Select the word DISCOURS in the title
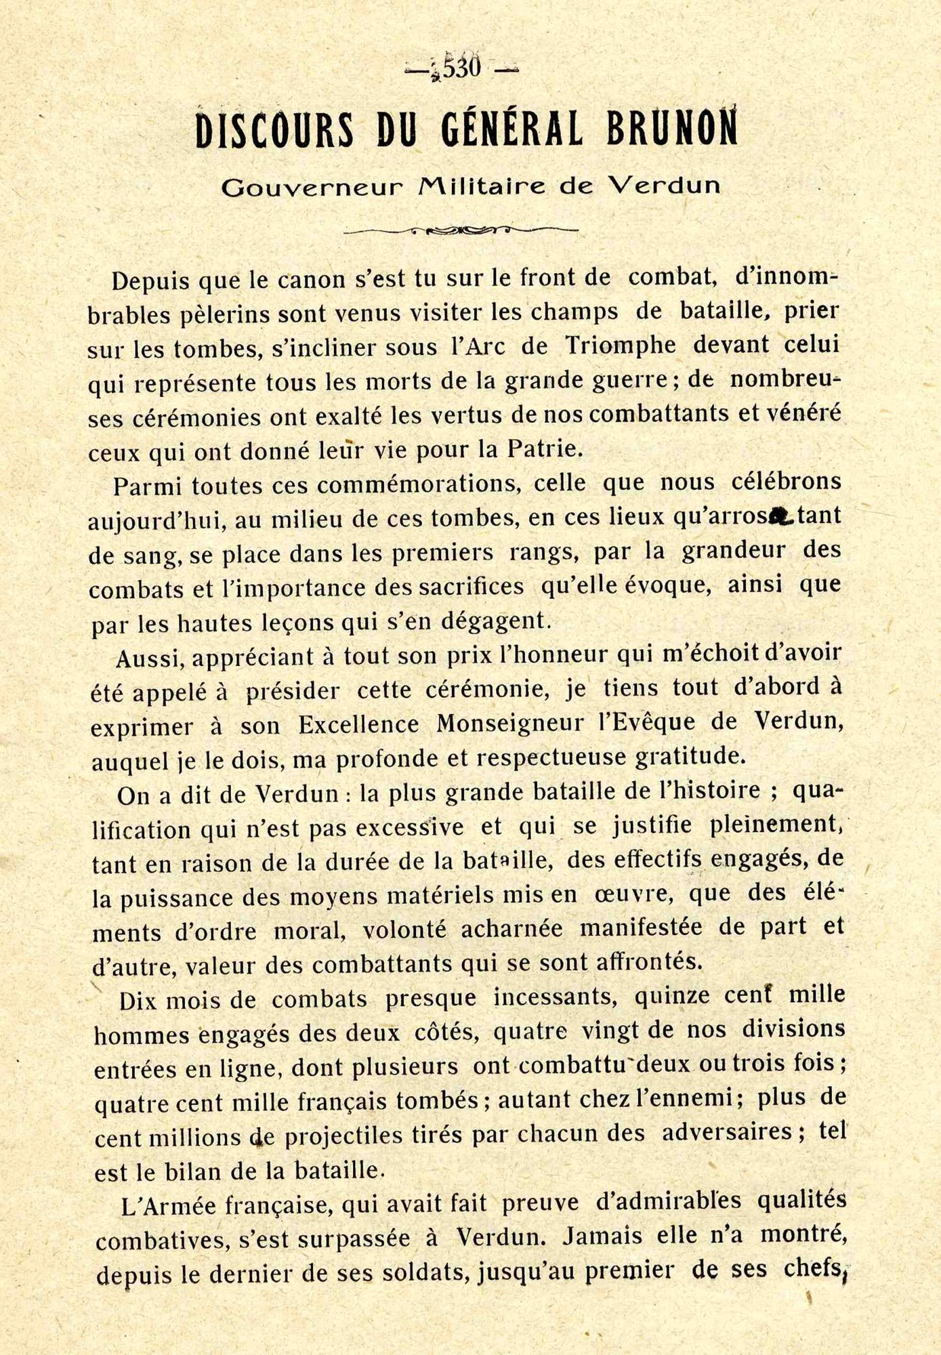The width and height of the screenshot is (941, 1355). pyautogui.click(x=274, y=130)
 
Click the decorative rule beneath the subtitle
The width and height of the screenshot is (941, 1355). pyautogui.click(x=461, y=230)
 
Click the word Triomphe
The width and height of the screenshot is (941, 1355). pyautogui.click(x=621, y=345)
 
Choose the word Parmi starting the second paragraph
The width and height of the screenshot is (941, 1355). pyautogui.click(x=147, y=486)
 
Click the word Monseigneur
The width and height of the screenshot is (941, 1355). pyautogui.click(x=509, y=724)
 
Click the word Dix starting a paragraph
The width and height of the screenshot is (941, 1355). pyautogui.click(x=139, y=1001)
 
